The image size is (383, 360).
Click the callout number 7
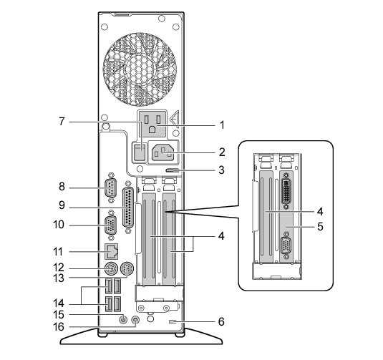(x=62, y=121)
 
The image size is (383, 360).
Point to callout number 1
(x=221, y=125)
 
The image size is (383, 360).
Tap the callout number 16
(x=59, y=327)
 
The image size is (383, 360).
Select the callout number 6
(x=221, y=321)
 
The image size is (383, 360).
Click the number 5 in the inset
(x=320, y=226)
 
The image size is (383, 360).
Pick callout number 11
(x=58, y=251)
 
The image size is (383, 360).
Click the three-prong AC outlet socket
(x=152, y=124)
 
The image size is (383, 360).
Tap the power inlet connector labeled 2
(x=163, y=152)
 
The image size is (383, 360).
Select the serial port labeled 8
(x=111, y=188)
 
